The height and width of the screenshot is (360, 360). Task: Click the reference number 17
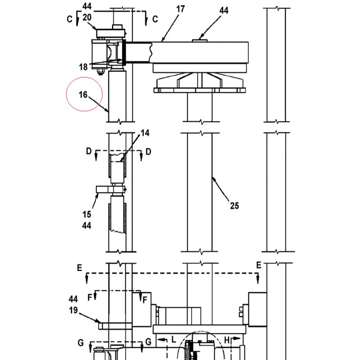coord(180,9)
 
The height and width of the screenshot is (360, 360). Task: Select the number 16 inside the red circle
coord(83,94)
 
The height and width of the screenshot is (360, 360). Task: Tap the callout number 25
coord(234,206)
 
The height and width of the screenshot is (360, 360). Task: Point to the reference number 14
coord(145,133)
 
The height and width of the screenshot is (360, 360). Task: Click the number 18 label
coord(83,67)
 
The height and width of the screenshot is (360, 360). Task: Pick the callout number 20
coord(87,17)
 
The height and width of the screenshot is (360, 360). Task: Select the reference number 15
coord(87,215)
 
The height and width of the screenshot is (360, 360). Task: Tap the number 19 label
coord(73,310)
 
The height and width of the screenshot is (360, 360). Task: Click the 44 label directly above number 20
coord(87,6)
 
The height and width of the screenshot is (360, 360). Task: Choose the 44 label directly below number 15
coord(87,225)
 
